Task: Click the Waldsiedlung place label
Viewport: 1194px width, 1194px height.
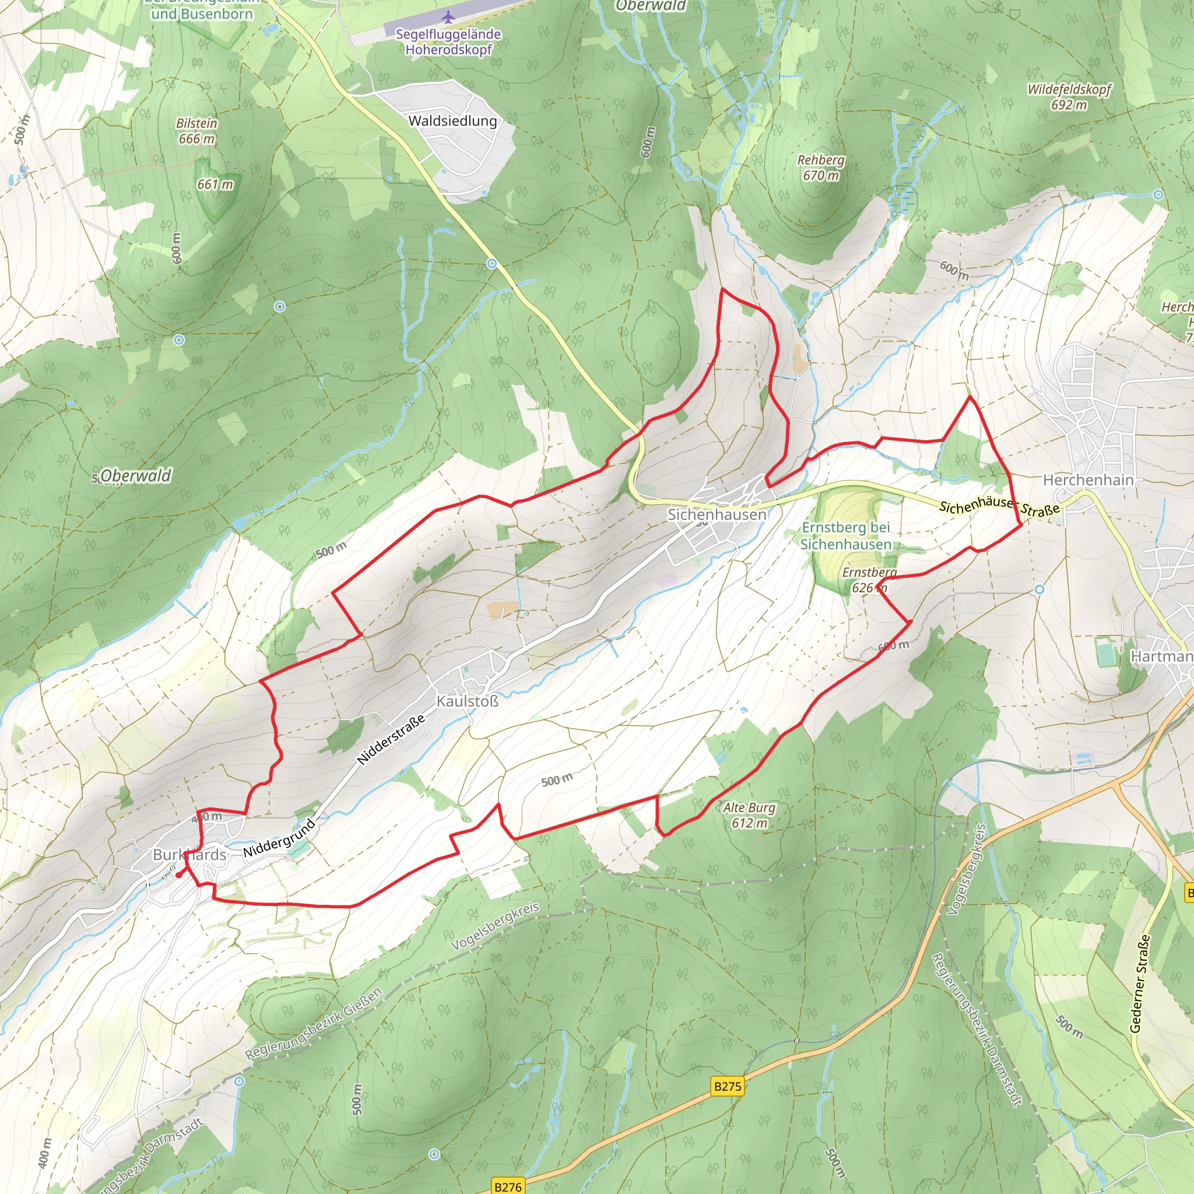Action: (452, 121)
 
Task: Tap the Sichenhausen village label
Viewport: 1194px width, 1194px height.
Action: (717, 514)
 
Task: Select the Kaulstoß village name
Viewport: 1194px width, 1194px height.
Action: (467, 701)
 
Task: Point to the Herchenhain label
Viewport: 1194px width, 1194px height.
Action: (1088, 480)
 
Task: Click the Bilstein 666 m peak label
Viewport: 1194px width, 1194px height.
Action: (196, 131)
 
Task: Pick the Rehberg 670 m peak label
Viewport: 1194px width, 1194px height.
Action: (820, 167)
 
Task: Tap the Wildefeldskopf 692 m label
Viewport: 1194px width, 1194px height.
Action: (1069, 97)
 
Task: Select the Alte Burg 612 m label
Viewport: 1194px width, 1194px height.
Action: (749, 815)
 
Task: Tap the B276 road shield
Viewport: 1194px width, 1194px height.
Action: (507, 1186)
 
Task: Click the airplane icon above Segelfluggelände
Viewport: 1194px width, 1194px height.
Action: (448, 16)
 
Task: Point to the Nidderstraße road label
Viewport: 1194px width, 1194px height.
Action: (391, 739)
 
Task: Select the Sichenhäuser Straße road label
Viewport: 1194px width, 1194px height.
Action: (999, 508)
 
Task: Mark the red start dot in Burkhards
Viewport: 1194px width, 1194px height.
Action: (178, 875)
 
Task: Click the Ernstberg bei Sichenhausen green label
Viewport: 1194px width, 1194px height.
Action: (845, 536)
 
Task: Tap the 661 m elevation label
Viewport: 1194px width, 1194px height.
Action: (215, 184)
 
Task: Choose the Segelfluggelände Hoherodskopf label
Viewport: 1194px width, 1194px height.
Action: (448, 42)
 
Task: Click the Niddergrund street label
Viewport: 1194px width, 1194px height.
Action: (279, 838)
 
